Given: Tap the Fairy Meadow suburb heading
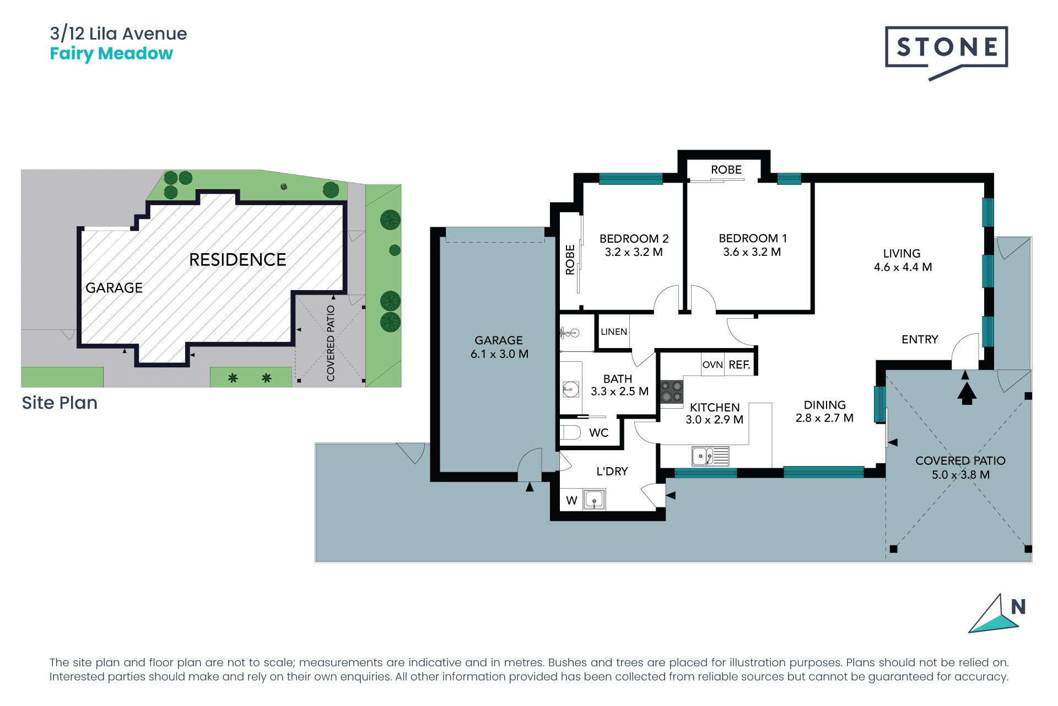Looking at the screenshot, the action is pyautogui.click(x=111, y=54).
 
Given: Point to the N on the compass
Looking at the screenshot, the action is pyautogui.click(x=1018, y=607).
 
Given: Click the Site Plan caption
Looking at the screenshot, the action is pyautogui.click(x=60, y=403).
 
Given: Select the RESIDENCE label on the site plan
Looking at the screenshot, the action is pyautogui.click(x=237, y=260).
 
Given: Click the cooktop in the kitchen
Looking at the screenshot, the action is pyautogui.click(x=672, y=392).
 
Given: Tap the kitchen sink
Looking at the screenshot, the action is pyautogui.click(x=710, y=456).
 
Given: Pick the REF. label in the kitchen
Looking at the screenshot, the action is pyautogui.click(x=739, y=365).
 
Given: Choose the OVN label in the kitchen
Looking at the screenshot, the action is pyautogui.click(x=712, y=365).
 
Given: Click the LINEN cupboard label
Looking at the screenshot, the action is pyautogui.click(x=614, y=331).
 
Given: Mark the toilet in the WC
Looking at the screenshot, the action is pyautogui.click(x=570, y=432).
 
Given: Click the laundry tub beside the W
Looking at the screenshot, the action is pyautogui.click(x=594, y=500).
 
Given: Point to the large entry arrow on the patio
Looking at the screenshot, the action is pyautogui.click(x=967, y=393).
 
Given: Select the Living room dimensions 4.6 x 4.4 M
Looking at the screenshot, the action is pyautogui.click(x=903, y=267).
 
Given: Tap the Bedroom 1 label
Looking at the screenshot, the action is pyautogui.click(x=753, y=238).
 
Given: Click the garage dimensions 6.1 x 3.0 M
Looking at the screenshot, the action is pyautogui.click(x=499, y=354).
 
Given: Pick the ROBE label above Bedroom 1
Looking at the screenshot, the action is pyautogui.click(x=726, y=170).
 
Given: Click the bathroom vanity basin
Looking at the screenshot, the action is pyautogui.click(x=571, y=389).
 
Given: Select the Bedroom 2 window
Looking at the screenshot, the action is pyautogui.click(x=630, y=178).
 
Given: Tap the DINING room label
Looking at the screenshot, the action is pyautogui.click(x=824, y=405).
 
